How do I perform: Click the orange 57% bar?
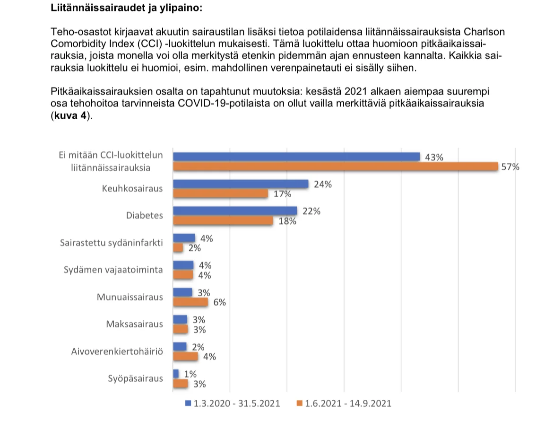click(x=336, y=167)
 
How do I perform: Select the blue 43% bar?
click(x=296, y=157)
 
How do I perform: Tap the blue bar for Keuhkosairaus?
click(x=241, y=184)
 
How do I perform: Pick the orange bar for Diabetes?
click(x=223, y=221)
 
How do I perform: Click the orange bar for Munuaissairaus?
click(x=190, y=302)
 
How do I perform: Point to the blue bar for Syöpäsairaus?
click(x=176, y=374)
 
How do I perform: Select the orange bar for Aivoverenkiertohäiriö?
click(x=185, y=356)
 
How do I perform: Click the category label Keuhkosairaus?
click(x=132, y=189)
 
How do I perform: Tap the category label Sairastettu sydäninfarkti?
click(x=112, y=243)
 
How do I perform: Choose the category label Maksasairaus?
click(x=135, y=324)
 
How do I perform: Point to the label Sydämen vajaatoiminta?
click(x=113, y=270)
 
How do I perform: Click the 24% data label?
click(x=323, y=184)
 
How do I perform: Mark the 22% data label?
click(x=311, y=211)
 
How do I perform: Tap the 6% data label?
click(x=219, y=303)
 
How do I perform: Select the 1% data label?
click(x=190, y=374)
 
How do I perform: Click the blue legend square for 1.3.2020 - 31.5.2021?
click(x=188, y=404)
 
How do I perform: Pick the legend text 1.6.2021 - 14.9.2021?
click(x=348, y=404)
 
